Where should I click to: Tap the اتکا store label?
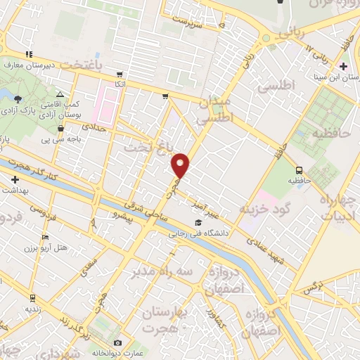(x=121, y=84)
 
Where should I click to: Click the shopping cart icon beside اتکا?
(x=120, y=74)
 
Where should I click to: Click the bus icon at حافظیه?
(x=300, y=170)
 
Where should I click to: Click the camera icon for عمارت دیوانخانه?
(x=117, y=343)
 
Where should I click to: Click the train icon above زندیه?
(x=32, y=298)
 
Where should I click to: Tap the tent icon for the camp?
(x=60, y=94)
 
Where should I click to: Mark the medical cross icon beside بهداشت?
(x=15, y=180)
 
